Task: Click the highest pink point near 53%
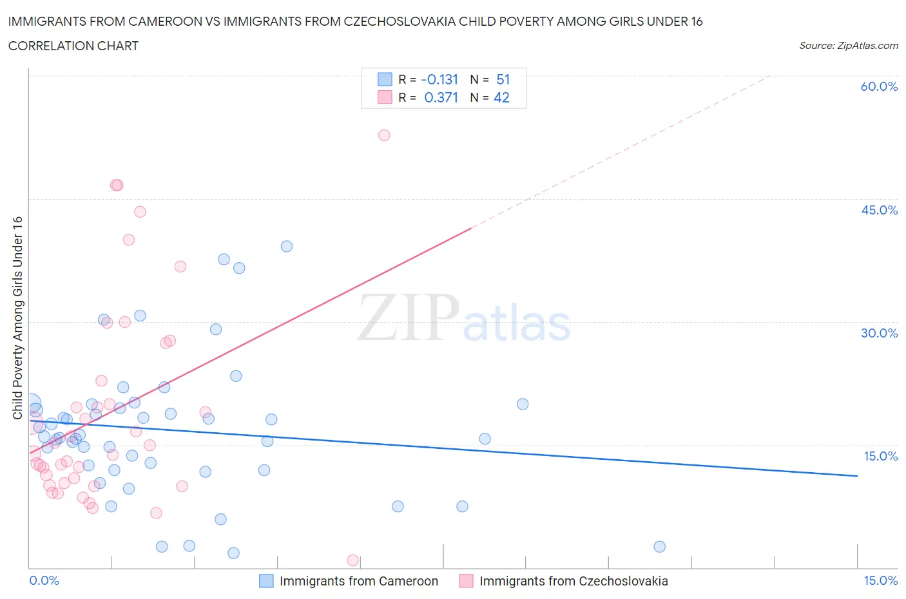click(x=384, y=135)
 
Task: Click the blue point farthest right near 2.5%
click(x=659, y=547)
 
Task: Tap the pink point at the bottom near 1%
click(x=352, y=560)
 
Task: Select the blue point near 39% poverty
click(x=287, y=247)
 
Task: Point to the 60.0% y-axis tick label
click(x=879, y=87)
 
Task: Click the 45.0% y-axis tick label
click(x=879, y=210)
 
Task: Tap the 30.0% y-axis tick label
click(x=879, y=333)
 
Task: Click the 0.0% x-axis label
click(x=44, y=580)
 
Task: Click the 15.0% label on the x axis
click(x=880, y=580)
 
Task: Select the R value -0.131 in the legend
click(x=439, y=79)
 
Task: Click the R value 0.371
click(x=441, y=97)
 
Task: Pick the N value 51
click(x=503, y=79)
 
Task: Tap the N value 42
click(x=501, y=97)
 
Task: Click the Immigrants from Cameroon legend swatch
click(x=266, y=581)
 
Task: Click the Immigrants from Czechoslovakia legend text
click(x=573, y=581)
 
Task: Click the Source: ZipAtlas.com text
click(x=848, y=46)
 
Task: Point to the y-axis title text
click(x=17, y=318)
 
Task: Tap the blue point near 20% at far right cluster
click(x=523, y=404)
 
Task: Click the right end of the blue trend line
click(x=857, y=476)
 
